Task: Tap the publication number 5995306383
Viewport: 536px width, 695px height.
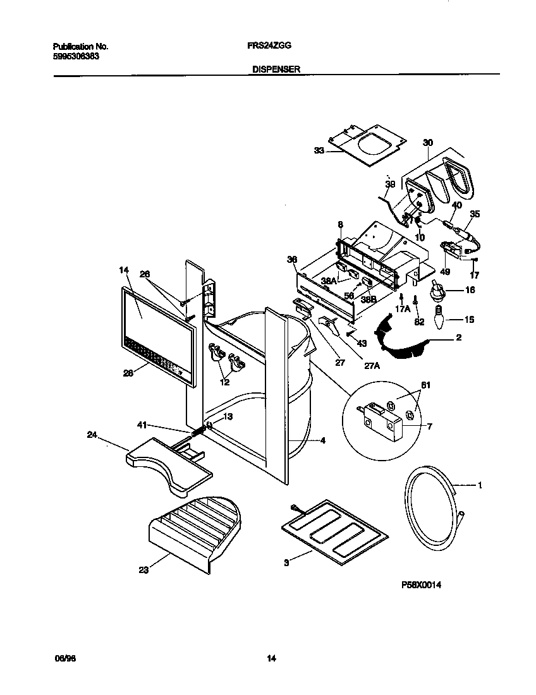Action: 75,56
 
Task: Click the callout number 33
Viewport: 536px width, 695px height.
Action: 319,150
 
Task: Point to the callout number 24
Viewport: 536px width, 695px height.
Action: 92,435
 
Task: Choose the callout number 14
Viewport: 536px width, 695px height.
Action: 124,270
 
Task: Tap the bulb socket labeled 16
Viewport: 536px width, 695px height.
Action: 436,292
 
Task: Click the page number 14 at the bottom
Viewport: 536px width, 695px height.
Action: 271,659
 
